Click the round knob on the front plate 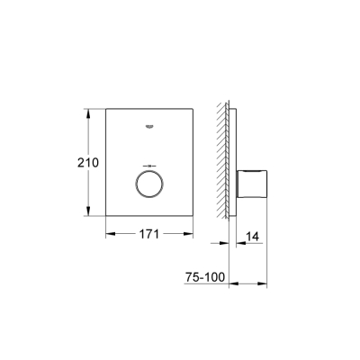pyautogui.click(x=148, y=185)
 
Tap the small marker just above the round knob pyautogui.click(x=148, y=166)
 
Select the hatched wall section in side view pyautogui.click(x=222, y=162)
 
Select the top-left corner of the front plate pyautogui.click(x=109, y=110)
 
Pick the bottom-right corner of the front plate pyautogui.click(x=189, y=216)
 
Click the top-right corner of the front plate pyautogui.click(x=189, y=110)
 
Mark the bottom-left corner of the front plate pyautogui.click(x=109, y=216)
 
